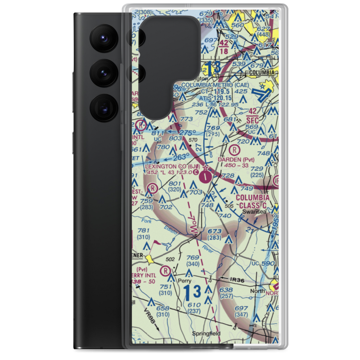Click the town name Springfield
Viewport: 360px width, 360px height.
click(x=206, y=334)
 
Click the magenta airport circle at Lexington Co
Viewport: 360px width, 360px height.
click(x=205, y=176)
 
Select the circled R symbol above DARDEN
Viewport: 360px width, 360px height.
click(x=235, y=149)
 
